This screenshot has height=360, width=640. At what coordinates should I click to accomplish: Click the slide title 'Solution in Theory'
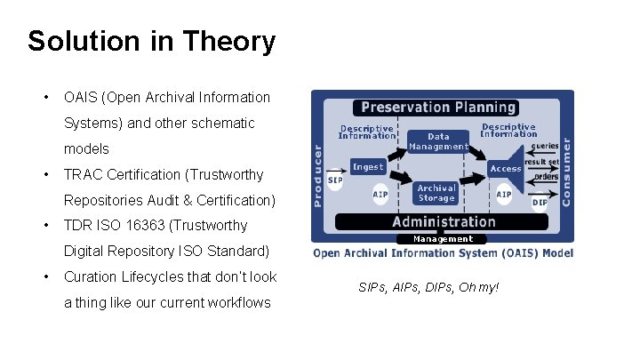point(151,41)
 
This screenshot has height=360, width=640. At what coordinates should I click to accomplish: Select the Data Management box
point(438,141)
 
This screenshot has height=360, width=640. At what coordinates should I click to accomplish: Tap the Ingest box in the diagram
point(368,167)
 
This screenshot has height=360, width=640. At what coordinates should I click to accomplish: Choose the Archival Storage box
point(436,193)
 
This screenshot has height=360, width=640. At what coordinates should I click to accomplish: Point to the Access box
point(506,168)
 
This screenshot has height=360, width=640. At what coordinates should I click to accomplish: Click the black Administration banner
point(443,222)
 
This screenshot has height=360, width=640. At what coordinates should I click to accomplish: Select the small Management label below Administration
point(443,239)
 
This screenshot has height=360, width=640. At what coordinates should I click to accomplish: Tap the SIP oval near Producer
point(335,180)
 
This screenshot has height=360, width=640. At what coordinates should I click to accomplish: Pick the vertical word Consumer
point(566,170)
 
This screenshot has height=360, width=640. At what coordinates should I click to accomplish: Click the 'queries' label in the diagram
point(545,145)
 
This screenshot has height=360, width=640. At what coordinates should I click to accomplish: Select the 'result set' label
point(541,162)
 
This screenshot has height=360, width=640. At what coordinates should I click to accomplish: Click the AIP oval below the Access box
point(503,194)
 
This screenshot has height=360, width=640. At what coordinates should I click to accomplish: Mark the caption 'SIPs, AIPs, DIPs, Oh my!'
point(428,287)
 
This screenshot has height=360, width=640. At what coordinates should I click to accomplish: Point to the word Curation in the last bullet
point(91,277)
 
